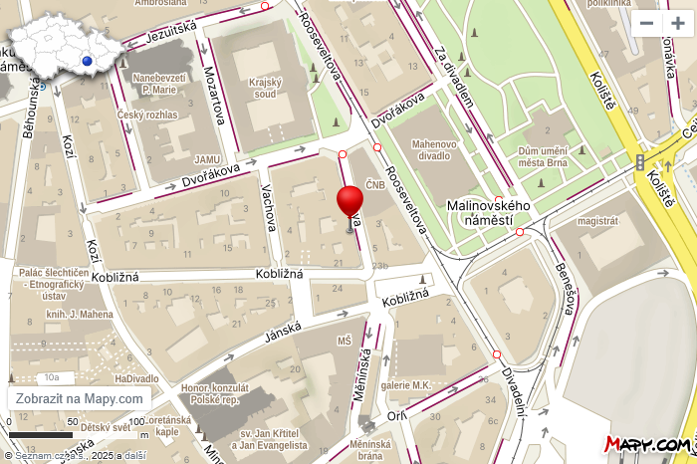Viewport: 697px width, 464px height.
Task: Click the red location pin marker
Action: pos(349,203)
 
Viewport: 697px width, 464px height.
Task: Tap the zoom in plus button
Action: pos(677,23)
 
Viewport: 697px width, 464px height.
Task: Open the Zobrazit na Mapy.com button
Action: pos(80,398)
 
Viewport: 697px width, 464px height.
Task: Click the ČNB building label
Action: pos(374,184)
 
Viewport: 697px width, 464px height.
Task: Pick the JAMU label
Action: pos(207,158)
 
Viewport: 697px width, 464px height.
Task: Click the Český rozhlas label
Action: pos(147,115)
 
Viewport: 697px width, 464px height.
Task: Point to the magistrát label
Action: pos(598,220)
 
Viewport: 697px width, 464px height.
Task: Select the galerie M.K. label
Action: pos(404,385)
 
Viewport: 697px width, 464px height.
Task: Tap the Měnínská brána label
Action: pos(369,450)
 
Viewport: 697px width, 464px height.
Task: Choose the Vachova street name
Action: pos(267,206)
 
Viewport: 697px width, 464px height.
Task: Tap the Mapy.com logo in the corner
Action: pos(648,444)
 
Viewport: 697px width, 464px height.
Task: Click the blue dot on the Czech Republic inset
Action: pos(88,61)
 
